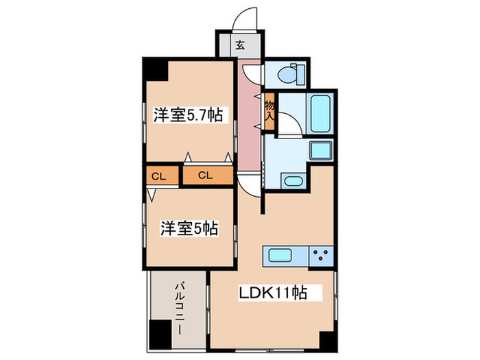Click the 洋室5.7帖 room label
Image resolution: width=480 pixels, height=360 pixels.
point(187,115)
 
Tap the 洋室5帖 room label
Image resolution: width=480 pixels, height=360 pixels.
point(190,228)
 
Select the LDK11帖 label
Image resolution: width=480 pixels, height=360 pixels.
point(272,293)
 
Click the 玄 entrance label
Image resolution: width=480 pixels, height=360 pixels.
point(241,47)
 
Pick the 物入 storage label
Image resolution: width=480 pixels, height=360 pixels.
point(269,110)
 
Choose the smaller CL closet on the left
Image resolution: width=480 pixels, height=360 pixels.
point(159,176)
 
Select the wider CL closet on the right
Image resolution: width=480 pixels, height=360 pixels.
point(207,176)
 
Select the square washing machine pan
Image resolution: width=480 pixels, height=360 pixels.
point(320,152)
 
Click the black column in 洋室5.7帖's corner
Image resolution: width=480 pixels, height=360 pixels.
point(154,69)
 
